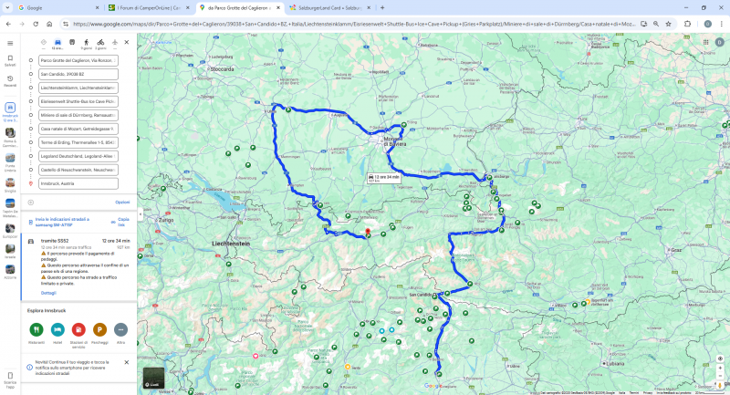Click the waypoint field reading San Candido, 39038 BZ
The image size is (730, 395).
click(78, 74)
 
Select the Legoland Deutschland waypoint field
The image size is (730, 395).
click(78, 156)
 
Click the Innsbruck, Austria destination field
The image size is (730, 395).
click(78, 183)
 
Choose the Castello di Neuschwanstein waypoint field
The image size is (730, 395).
click(78, 170)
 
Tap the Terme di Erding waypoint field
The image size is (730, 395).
click(78, 142)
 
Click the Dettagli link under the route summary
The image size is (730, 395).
click(48, 293)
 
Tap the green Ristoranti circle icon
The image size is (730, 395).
click(36, 329)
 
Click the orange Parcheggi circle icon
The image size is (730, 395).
click(99, 329)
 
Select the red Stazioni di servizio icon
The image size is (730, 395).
click(78, 329)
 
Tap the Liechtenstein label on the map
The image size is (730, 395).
click(231, 244)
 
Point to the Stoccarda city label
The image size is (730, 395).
click(222, 68)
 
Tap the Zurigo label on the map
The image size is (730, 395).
click(165, 220)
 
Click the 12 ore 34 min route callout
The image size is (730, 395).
click(383, 177)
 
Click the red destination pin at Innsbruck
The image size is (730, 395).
click(368, 231)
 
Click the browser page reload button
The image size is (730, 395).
click(35, 24)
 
